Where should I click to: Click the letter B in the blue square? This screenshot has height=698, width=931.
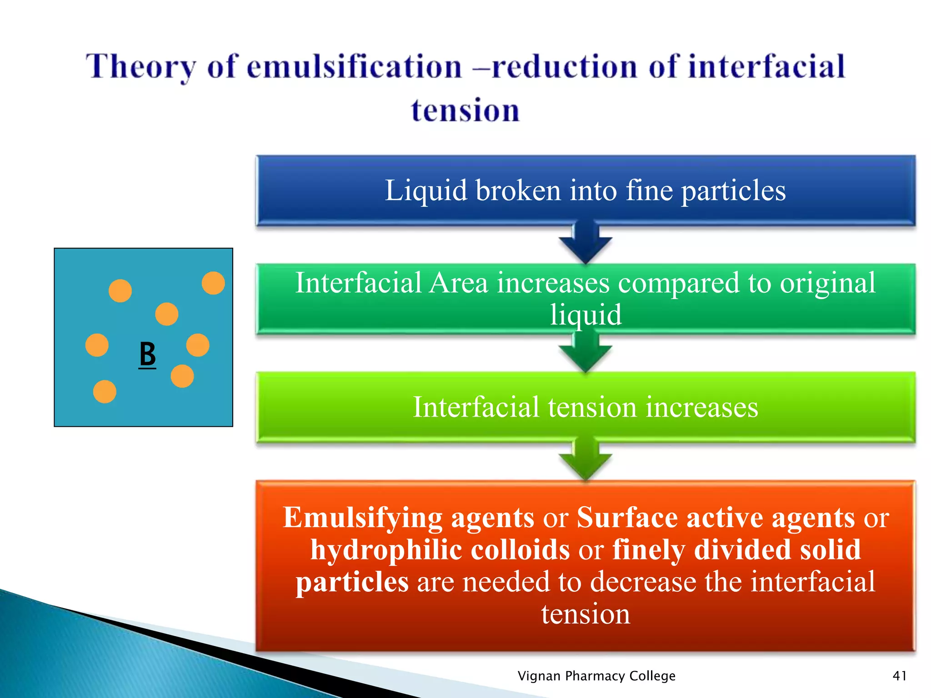pos(147,354)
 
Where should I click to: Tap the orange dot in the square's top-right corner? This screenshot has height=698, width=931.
pos(213,283)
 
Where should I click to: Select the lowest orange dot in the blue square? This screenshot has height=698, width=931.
pos(105,392)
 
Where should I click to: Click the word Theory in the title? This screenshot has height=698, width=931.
pos(141,67)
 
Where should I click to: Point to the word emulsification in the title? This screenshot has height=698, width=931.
pos(355,67)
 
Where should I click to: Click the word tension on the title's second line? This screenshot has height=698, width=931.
pos(465,110)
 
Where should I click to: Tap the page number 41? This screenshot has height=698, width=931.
pos(900,676)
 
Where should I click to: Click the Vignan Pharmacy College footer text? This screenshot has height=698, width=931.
pos(596,676)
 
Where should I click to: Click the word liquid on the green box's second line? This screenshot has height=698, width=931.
pos(586,314)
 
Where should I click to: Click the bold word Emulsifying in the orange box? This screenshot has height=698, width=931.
pos(363,518)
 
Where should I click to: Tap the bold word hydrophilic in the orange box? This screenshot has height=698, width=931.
pos(386,550)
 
